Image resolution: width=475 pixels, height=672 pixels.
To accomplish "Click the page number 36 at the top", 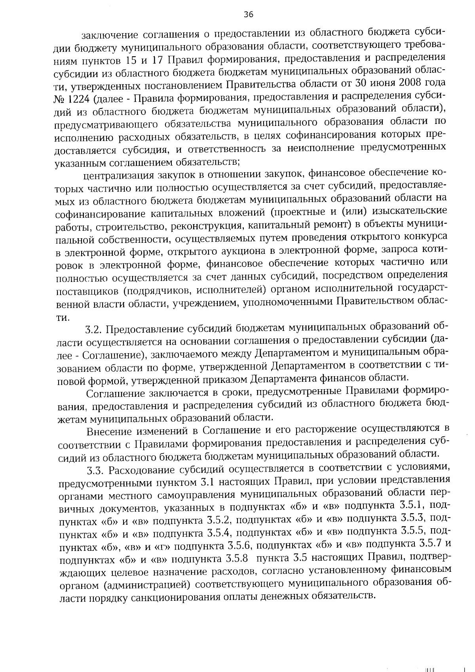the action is click(248, 15).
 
